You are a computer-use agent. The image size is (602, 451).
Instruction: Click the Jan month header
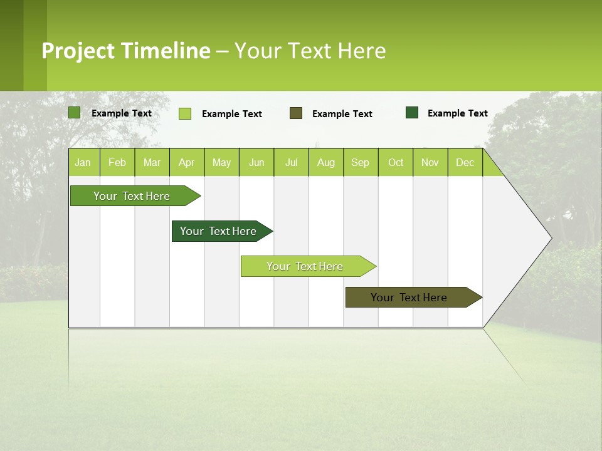[x=83, y=162]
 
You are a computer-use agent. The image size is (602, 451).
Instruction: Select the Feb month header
[x=117, y=162]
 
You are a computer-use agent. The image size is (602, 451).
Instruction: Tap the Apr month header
[x=187, y=162]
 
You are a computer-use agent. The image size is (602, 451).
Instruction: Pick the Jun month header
[x=256, y=162]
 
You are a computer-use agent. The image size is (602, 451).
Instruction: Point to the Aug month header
[x=326, y=162]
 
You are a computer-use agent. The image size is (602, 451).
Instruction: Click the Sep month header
[x=361, y=162]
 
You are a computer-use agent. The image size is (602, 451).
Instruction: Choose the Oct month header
[x=396, y=162]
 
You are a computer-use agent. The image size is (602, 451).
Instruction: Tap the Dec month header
[x=465, y=162]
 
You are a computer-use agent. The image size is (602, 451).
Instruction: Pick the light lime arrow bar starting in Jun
[x=305, y=266]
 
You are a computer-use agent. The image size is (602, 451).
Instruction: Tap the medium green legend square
[x=75, y=113]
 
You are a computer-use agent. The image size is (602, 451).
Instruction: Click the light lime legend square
[x=185, y=113]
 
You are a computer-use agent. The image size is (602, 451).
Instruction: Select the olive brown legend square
[x=296, y=113]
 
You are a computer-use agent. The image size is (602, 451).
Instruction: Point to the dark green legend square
[x=412, y=112]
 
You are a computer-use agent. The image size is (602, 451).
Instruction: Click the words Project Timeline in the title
[x=126, y=51]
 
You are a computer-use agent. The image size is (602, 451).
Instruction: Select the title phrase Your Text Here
[x=310, y=51]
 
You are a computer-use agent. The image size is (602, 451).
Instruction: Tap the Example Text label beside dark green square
[x=457, y=113]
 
